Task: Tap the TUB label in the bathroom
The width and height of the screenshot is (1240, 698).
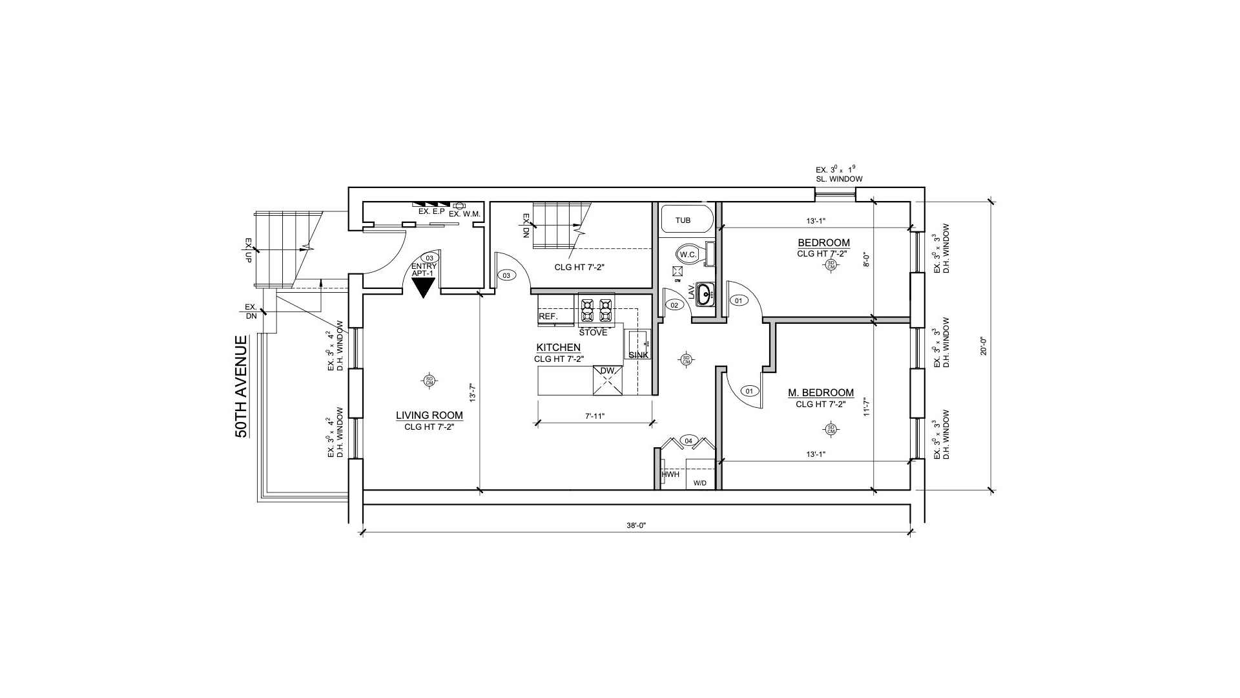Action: point(683,220)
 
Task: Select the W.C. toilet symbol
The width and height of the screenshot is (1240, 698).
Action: point(688,254)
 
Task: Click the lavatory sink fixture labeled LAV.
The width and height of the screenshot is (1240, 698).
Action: point(705,294)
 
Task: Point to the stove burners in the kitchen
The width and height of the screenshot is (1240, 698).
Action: point(596,310)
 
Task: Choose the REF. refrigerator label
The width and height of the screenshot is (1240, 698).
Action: point(548,316)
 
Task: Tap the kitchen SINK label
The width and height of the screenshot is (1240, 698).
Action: point(638,355)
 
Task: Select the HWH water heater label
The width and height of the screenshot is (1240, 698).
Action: point(670,474)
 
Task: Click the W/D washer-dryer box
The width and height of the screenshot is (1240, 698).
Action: point(700,482)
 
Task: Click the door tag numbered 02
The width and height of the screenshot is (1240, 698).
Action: point(674,304)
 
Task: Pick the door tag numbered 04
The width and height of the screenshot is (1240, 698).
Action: point(688,441)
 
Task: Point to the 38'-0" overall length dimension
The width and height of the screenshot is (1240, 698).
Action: point(636,526)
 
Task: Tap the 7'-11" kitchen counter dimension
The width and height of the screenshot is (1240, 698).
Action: point(595,417)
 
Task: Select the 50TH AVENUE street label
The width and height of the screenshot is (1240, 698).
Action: point(242,386)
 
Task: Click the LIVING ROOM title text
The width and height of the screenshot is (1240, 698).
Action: point(429,416)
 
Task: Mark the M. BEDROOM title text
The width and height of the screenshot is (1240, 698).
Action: point(820,393)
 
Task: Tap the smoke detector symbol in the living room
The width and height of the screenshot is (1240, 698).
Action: point(429,381)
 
